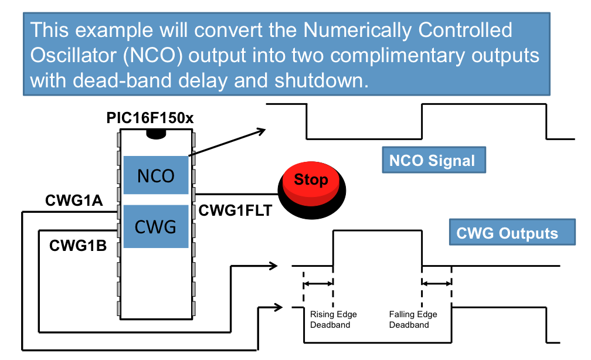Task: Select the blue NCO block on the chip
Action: pyautogui.click(x=156, y=176)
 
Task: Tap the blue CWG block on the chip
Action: pyautogui.click(x=156, y=226)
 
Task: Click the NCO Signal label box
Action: pyautogui.click(x=433, y=161)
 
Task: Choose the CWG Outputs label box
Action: pyautogui.click(x=507, y=233)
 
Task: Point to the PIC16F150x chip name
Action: pyautogui.click(x=150, y=118)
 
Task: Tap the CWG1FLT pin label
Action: pyautogui.click(x=236, y=210)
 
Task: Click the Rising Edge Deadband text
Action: pyautogui.click(x=333, y=320)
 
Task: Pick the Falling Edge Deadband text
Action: pyautogui.click(x=413, y=320)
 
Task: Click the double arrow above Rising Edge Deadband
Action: pyautogui.click(x=318, y=284)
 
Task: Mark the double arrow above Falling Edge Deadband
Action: pyautogui.click(x=437, y=284)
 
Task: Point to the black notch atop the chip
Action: pyautogui.click(x=156, y=134)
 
